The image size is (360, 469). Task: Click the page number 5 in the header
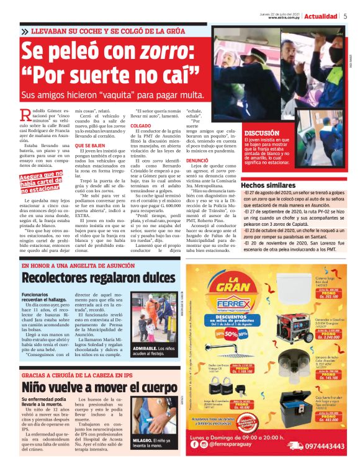345,16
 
